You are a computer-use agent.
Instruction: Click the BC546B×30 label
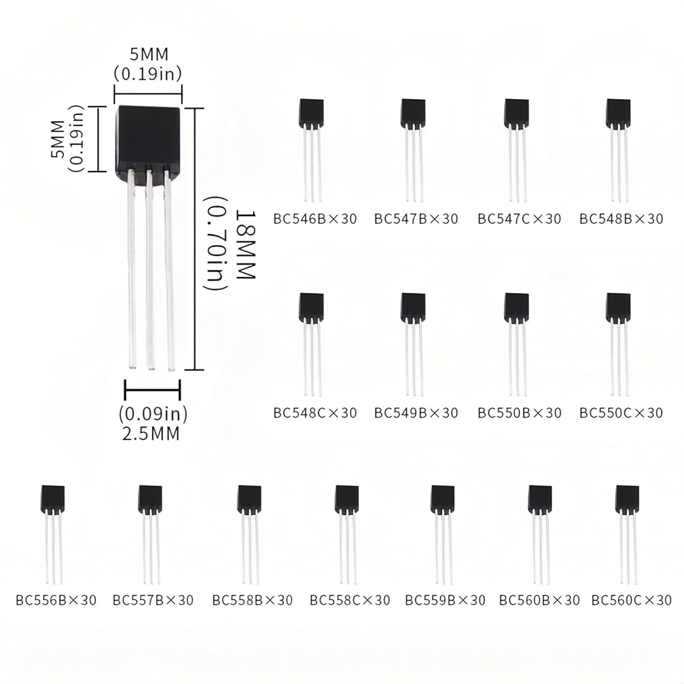pos(315,220)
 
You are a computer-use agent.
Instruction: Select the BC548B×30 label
pos(621,220)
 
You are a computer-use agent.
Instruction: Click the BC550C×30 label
pos(621,413)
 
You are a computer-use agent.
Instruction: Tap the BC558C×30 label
pos(350,601)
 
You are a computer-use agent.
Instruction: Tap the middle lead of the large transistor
pos(149,274)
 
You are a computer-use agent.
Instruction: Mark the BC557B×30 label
pos(153,601)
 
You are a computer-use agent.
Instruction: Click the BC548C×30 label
pos(315,413)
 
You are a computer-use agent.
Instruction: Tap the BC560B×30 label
pos(540,601)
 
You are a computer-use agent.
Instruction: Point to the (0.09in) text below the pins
pos(153,414)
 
